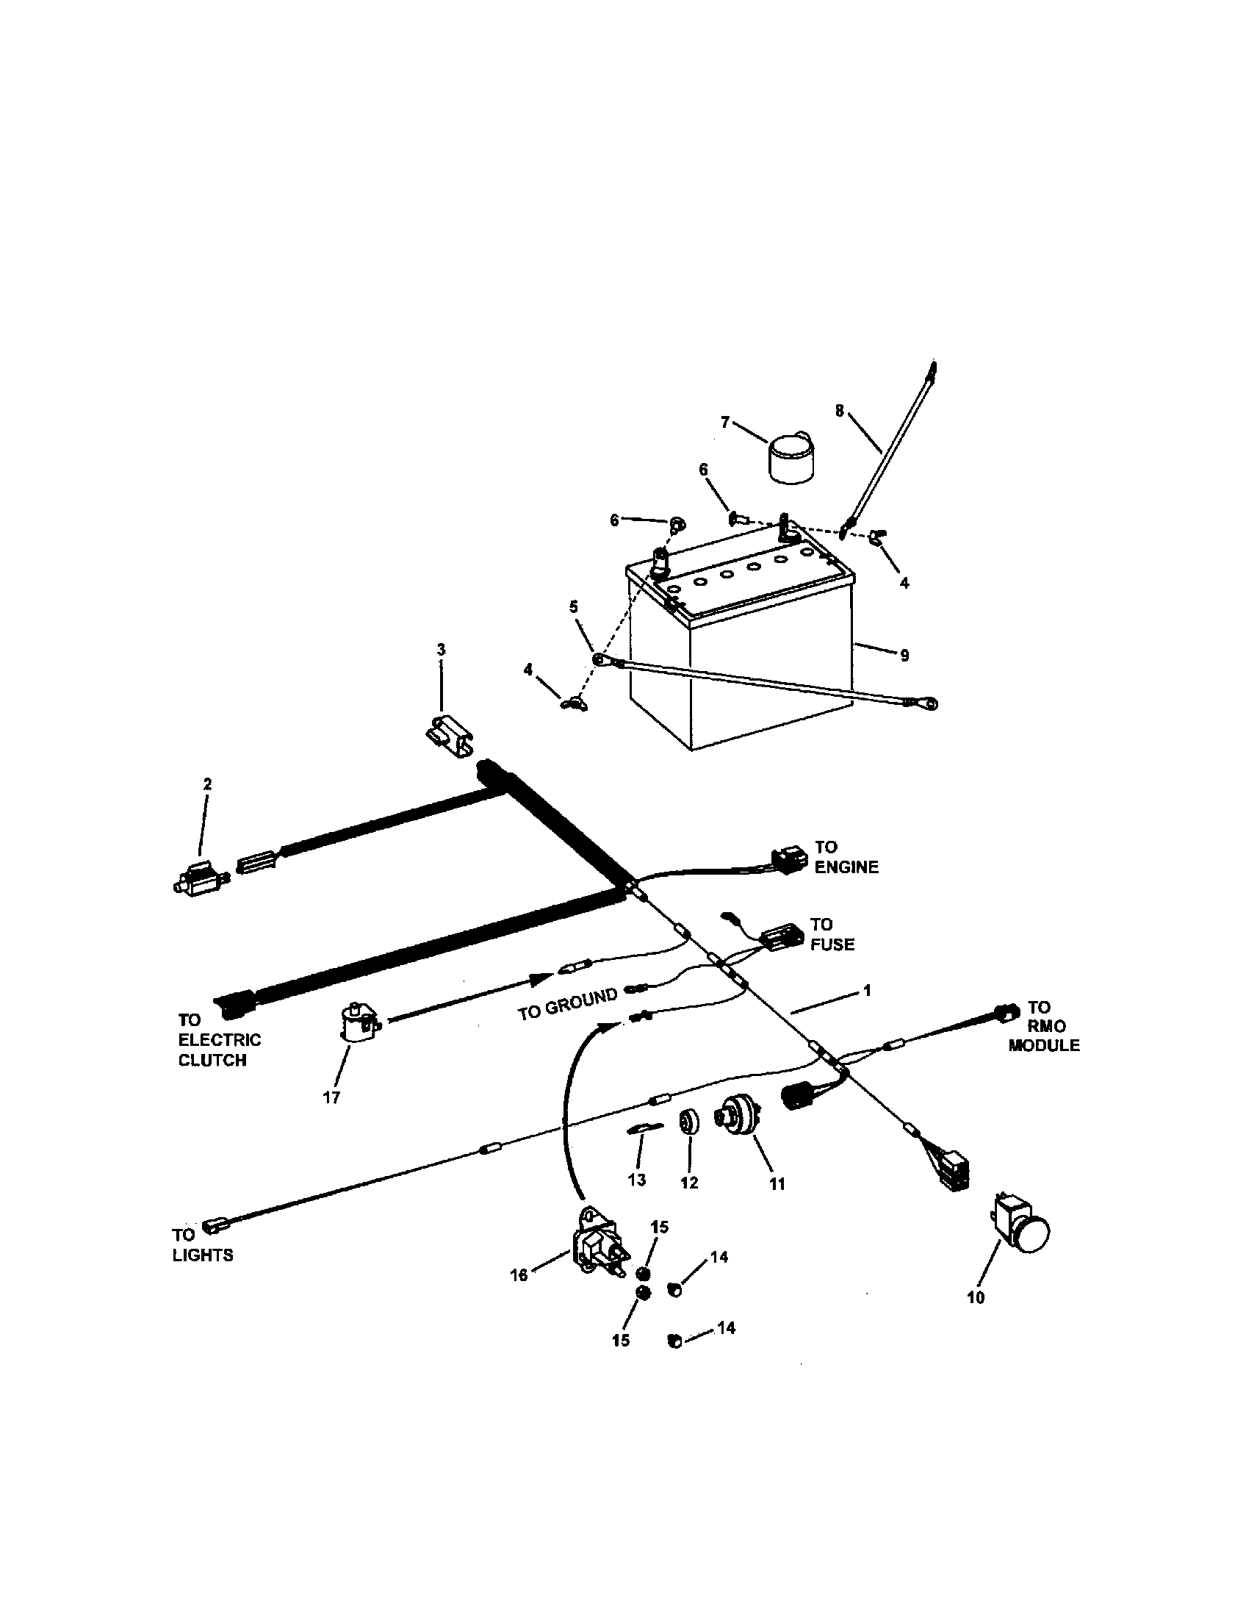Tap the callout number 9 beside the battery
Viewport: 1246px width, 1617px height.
tap(904, 655)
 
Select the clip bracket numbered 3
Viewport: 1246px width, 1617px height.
tap(450, 734)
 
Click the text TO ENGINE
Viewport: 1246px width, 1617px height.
tap(846, 856)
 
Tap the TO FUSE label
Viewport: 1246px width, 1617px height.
tap(832, 934)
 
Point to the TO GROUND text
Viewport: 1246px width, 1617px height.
tap(566, 1003)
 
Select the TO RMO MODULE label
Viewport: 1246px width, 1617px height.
tap(1043, 1026)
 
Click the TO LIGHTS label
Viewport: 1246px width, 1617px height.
tap(202, 1244)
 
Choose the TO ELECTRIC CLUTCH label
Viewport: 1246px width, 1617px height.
tap(219, 1039)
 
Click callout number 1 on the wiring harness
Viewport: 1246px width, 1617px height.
tap(868, 990)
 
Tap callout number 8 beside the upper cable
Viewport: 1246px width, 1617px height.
tap(839, 411)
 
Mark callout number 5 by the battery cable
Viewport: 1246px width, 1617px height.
tap(574, 607)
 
